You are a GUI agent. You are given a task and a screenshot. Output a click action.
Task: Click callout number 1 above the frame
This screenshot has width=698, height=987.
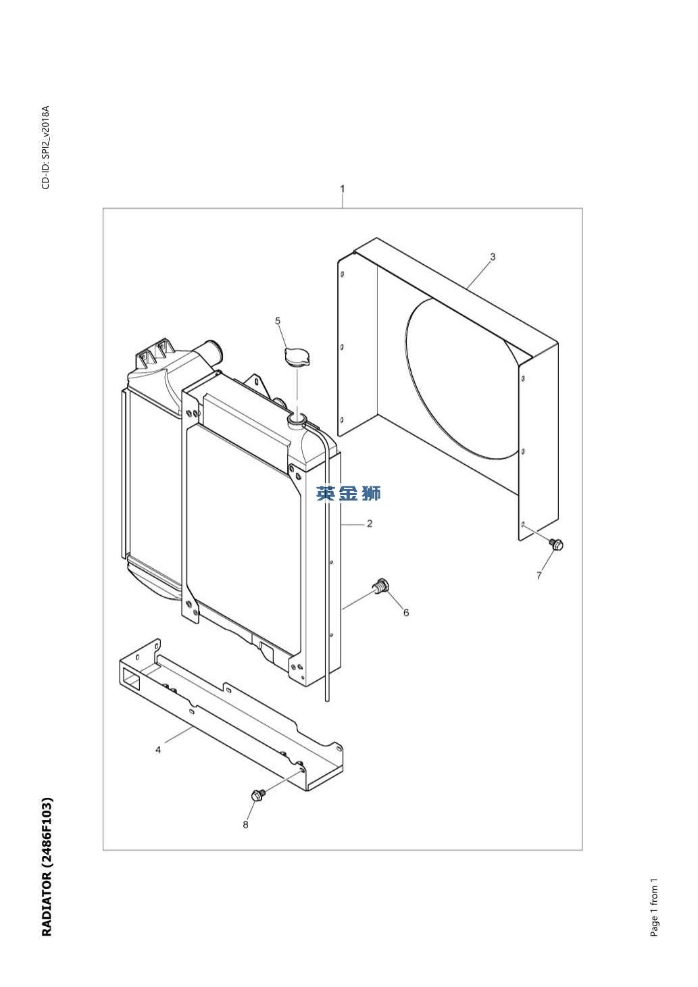pos(343,189)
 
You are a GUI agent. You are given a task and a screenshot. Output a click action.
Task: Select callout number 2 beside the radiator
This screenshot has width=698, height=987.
pos(369,524)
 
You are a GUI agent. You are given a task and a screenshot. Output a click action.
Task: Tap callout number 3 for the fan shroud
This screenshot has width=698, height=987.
pos(493,257)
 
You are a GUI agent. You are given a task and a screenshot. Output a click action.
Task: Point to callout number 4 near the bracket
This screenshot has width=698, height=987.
pos(157,749)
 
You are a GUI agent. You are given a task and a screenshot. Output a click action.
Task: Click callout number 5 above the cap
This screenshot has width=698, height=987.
pos(278,321)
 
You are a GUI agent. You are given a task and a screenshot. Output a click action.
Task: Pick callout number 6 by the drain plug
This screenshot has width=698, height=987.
pos(406,613)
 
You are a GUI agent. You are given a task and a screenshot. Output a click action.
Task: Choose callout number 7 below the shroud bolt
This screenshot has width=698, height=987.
pos(539,576)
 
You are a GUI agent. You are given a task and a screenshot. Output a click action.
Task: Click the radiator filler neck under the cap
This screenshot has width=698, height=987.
pos(297,420)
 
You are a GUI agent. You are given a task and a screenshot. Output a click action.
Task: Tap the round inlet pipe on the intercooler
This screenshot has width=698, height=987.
pos(212,351)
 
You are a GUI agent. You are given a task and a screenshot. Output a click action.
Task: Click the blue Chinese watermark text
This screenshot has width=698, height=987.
pos(348,494)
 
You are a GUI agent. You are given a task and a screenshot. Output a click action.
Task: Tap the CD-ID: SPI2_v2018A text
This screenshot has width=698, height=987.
pos(46,147)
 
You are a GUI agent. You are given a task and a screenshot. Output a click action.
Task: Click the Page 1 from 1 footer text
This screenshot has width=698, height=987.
pos(654,907)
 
